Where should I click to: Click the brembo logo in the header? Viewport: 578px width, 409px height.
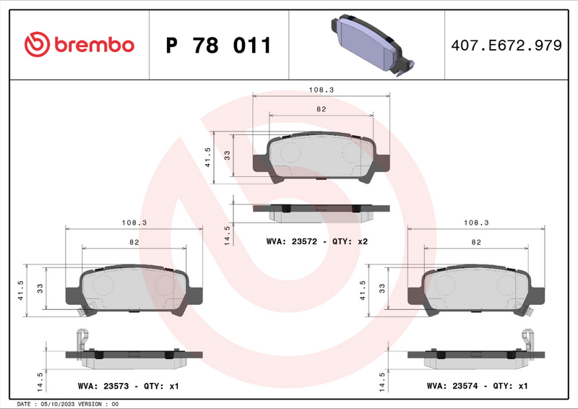coord(79,45)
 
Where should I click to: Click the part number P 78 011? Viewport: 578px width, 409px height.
coord(218,46)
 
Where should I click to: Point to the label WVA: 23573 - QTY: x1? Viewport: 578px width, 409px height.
coord(128,387)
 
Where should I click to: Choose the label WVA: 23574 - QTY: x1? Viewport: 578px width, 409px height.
coord(478,387)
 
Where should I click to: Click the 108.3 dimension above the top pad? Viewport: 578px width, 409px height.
coord(321,90)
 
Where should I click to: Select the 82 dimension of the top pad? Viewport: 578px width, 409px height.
coord(321,109)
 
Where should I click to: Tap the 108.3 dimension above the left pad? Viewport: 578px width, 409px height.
coord(134,224)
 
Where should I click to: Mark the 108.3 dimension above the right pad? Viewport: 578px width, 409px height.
coord(475,224)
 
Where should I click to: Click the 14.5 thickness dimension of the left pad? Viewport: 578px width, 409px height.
coord(41,379)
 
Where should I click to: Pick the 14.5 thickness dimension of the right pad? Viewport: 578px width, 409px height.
coord(383,379)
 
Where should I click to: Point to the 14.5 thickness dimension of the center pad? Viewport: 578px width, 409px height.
coord(228,235)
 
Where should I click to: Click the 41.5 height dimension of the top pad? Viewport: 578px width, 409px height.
coord(208,158)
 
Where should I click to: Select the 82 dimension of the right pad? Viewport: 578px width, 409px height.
coord(475,243)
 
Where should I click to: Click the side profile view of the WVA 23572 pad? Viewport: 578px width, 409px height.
coord(321,210)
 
